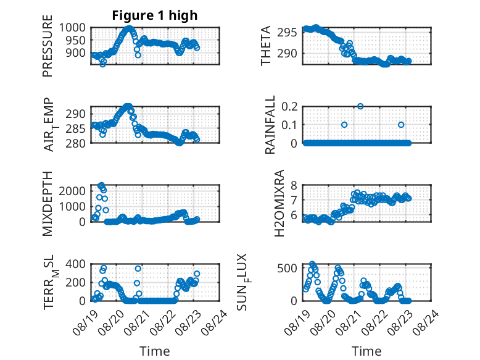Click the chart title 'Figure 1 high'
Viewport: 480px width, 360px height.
[155, 15]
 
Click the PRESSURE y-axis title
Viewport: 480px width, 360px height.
[48, 46]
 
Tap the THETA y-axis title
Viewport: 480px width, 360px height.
[266, 46]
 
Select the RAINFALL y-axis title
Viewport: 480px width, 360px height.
[270, 125]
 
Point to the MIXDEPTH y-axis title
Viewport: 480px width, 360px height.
[48, 204]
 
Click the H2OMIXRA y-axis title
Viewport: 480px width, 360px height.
[279, 203]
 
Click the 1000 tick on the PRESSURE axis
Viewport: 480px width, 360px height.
[72, 28]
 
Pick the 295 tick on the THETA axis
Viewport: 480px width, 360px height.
[287, 32]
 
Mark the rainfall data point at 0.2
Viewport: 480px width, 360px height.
[360, 106]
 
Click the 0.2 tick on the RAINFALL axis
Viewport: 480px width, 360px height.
[289, 106]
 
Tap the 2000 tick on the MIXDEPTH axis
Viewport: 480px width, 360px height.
[72, 191]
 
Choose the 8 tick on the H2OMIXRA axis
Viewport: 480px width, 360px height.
[294, 185]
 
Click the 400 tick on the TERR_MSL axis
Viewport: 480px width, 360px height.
[76, 264]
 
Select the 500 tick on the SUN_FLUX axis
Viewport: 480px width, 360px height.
[287, 268]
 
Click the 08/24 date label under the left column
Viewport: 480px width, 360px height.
[215, 322]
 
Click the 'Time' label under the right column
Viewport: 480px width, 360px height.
[366, 351]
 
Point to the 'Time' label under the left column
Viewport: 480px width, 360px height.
[155, 351]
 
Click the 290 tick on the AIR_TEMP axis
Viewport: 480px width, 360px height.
[76, 114]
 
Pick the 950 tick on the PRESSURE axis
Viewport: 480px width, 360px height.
[76, 40]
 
